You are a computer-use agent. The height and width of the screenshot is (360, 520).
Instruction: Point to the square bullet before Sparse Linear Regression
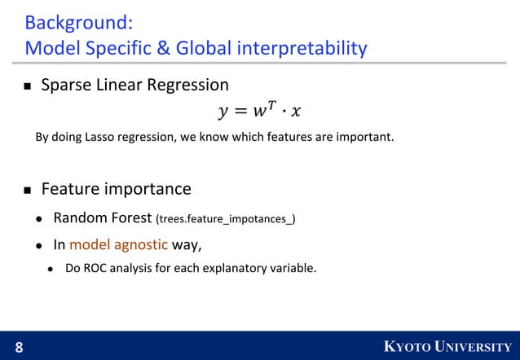point(27,86)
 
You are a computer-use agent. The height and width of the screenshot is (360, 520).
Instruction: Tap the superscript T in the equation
point(275,103)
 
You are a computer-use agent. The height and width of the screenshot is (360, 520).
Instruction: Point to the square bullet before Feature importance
point(27,191)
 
